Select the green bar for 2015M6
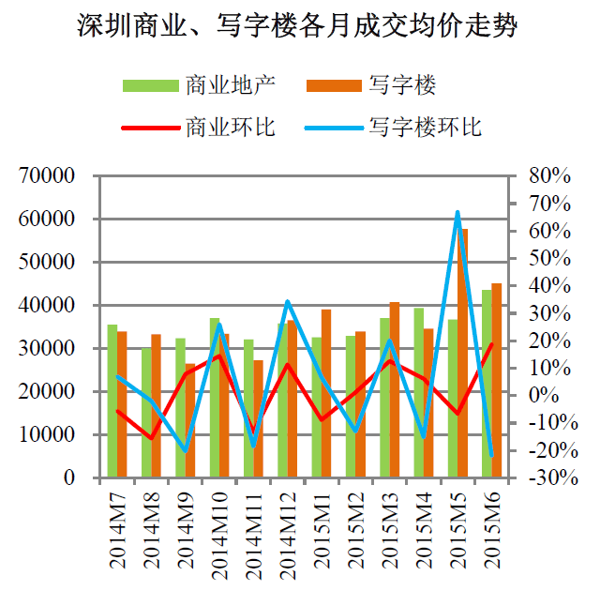click(487, 384)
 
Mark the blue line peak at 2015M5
click(457, 213)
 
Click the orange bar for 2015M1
click(326, 393)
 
